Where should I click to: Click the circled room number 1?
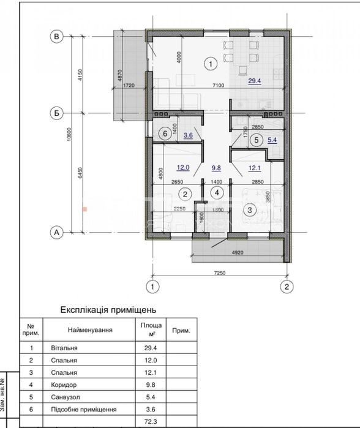(x=211, y=64)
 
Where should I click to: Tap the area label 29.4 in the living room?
(x=254, y=81)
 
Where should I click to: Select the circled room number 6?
(x=165, y=133)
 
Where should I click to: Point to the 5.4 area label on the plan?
(x=272, y=140)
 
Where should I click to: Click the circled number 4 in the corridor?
(x=217, y=193)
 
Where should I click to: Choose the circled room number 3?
(x=249, y=210)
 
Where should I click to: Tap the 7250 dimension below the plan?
(x=220, y=272)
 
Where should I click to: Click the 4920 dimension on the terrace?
(x=238, y=252)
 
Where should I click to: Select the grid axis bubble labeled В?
(x=56, y=37)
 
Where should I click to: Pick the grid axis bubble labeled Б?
(x=56, y=113)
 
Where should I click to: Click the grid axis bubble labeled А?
(x=56, y=232)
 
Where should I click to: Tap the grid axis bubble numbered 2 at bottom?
(x=287, y=287)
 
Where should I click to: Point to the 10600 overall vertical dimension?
(x=69, y=133)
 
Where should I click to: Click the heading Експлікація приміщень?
(x=108, y=310)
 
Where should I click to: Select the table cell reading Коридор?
(x=64, y=385)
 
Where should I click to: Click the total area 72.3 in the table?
(x=151, y=422)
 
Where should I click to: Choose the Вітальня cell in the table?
(x=64, y=348)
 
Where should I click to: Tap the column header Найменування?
(x=90, y=330)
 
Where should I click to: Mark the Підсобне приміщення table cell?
(x=84, y=410)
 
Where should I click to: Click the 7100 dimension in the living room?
(x=219, y=86)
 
